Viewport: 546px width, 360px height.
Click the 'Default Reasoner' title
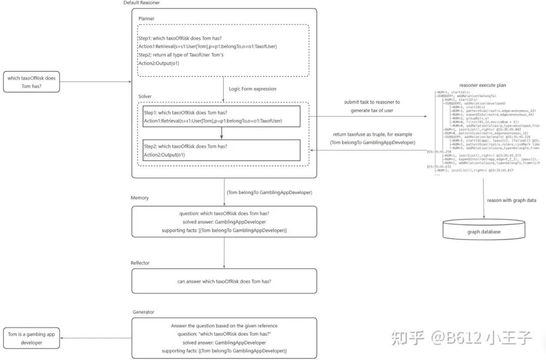[x=142, y=3]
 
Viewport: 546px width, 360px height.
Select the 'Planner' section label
[x=147, y=19]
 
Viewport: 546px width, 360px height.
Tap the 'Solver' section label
[x=146, y=96]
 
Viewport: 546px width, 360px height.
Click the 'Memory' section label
[x=140, y=198]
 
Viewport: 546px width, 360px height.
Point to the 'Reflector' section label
[x=140, y=263]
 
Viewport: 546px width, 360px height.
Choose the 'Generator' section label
[x=143, y=312]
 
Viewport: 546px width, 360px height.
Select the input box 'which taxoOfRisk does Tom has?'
[x=31, y=82]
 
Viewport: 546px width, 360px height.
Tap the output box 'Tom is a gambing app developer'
[x=31, y=338]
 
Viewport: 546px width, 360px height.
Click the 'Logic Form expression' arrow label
[x=253, y=89]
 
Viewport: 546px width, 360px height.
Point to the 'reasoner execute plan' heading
[x=482, y=85]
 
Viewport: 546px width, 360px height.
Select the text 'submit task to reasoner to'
[x=372, y=102]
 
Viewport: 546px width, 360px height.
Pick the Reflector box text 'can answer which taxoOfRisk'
[x=224, y=282]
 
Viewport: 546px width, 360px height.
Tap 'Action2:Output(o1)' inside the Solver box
[x=164, y=155]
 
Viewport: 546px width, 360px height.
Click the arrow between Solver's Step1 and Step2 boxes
[x=221, y=132]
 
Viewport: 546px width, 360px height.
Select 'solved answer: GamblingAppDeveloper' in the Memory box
[x=224, y=222]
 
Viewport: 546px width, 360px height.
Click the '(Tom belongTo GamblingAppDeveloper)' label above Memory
[x=269, y=192]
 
